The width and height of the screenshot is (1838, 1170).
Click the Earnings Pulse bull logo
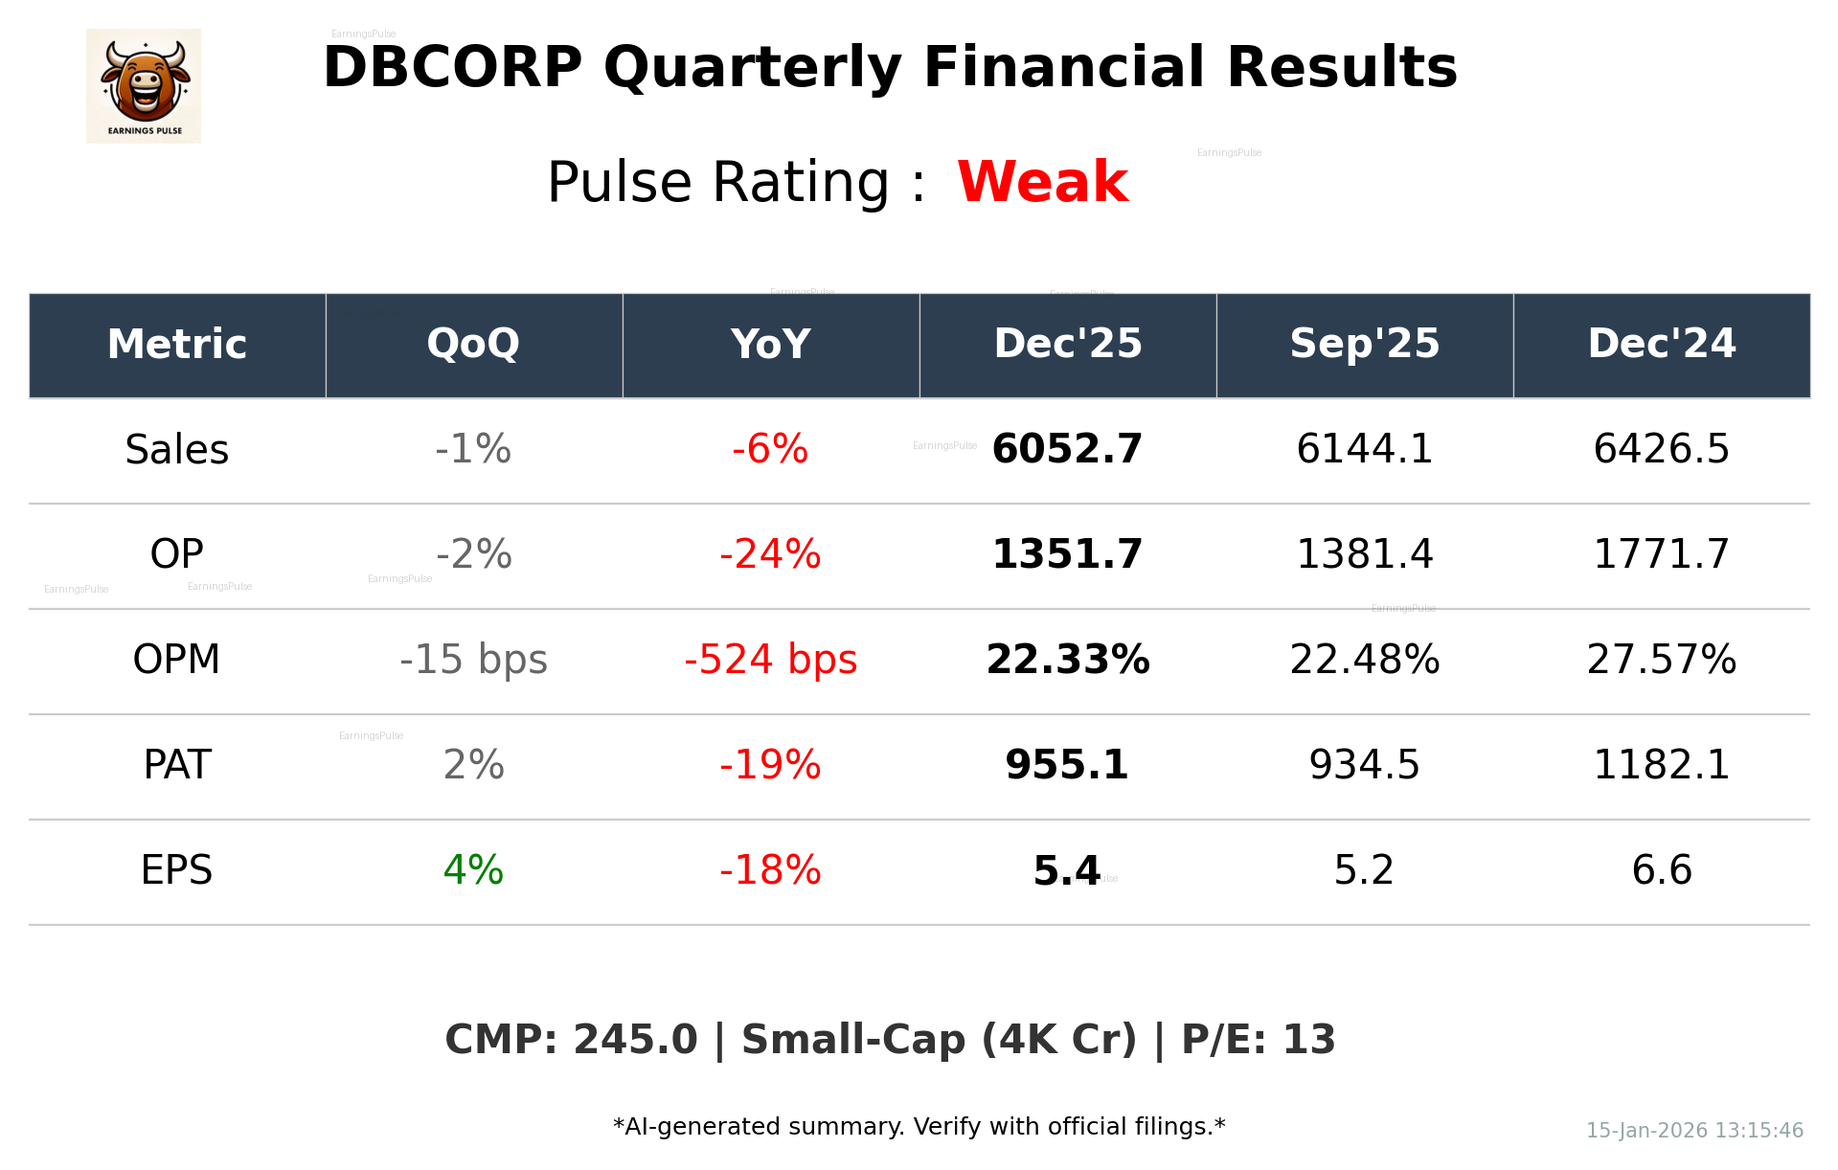pyautogui.click(x=144, y=86)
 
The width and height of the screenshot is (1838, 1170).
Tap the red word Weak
pyautogui.click(x=1042, y=182)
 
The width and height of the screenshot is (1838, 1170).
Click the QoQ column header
pyautogui.click(x=473, y=345)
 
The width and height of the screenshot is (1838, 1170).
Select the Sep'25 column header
pyautogui.click(x=1364, y=345)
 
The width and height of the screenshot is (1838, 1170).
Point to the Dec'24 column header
pyautogui.click(x=1661, y=345)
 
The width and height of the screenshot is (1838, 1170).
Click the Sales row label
pyautogui.click(x=177, y=450)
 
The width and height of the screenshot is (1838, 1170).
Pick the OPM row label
pyautogui.click(x=177, y=660)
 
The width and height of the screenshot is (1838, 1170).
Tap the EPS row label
pyautogui.click(x=177, y=870)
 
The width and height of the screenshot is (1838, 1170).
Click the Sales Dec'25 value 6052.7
pyautogui.click(x=1067, y=449)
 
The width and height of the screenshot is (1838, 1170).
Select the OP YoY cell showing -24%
pyautogui.click(x=770, y=554)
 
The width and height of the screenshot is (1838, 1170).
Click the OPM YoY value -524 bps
pyautogui.click(x=770, y=660)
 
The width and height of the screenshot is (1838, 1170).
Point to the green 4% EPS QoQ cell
pyautogui.click(x=473, y=870)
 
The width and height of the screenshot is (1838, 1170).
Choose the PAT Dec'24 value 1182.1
pyautogui.click(x=1661, y=765)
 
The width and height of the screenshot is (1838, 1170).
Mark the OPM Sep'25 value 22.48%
pyautogui.click(x=1364, y=660)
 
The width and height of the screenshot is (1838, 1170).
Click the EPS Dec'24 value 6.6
pyautogui.click(x=1661, y=870)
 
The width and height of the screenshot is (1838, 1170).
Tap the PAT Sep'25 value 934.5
pyautogui.click(x=1364, y=765)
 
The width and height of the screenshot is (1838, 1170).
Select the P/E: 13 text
pyautogui.click(x=1258, y=1040)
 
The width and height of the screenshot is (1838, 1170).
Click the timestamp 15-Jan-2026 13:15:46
pyautogui.click(x=1694, y=1131)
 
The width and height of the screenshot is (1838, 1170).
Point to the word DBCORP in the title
pyautogui.click(x=452, y=69)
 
